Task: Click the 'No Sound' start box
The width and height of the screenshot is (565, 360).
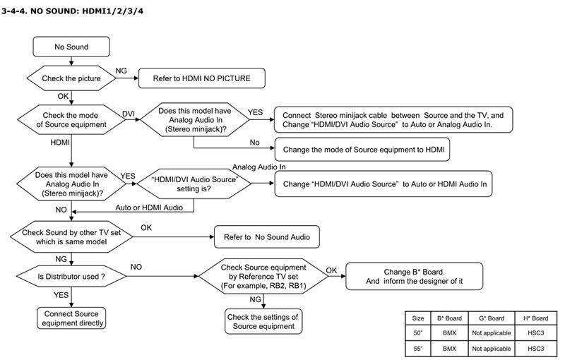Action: tap(71, 47)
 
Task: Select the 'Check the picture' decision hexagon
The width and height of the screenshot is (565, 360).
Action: tap(71, 78)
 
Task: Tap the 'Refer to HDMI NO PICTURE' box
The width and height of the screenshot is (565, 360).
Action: tap(202, 78)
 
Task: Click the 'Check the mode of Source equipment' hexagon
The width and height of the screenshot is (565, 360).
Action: tap(71, 120)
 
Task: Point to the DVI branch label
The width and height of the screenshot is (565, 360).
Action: tap(129, 114)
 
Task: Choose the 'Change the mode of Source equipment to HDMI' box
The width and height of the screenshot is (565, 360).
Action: tap(362, 150)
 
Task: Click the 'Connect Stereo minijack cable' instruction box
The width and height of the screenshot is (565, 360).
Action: tap(393, 119)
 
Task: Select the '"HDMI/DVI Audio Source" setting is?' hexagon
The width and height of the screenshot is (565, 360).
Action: tap(194, 184)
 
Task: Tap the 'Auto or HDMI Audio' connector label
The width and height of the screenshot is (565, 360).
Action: tap(149, 208)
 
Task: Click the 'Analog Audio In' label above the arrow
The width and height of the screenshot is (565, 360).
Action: tap(258, 167)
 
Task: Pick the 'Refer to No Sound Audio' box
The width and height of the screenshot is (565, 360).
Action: tap(267, 237)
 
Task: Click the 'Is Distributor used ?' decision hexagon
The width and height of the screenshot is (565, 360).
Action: tap(71, 277)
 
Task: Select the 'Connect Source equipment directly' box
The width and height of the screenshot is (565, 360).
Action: tap(71, 318)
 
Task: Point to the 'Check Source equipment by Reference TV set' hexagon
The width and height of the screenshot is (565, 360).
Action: tap(263, 277)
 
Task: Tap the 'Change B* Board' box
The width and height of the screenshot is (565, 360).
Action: tap(414, 276)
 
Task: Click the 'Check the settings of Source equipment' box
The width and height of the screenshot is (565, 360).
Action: tap(263, 321)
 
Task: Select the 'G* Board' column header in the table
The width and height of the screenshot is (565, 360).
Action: tap(492, 318)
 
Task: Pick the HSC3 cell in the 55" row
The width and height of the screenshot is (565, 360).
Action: tap(536, 349)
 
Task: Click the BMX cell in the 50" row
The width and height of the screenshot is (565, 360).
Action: tap(449, 333)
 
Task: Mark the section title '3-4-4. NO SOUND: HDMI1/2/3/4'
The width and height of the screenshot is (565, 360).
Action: tap(73, 11)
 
